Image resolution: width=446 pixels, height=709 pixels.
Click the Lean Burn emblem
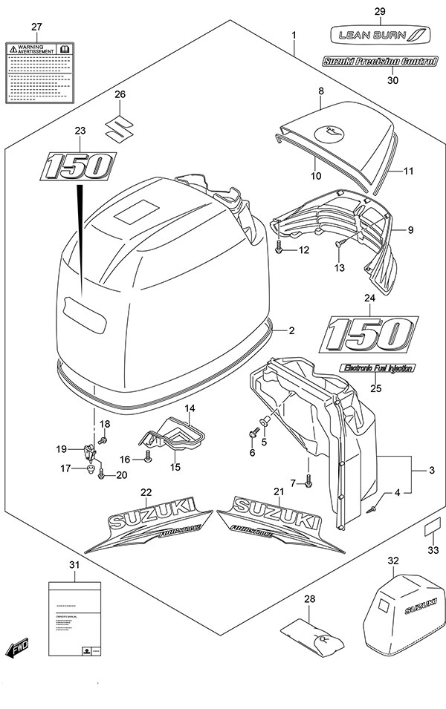[379, 34]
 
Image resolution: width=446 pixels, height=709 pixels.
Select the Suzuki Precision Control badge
[379, 62]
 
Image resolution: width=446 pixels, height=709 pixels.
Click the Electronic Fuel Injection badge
[378, 367]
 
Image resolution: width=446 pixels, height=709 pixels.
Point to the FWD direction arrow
[16, 650]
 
